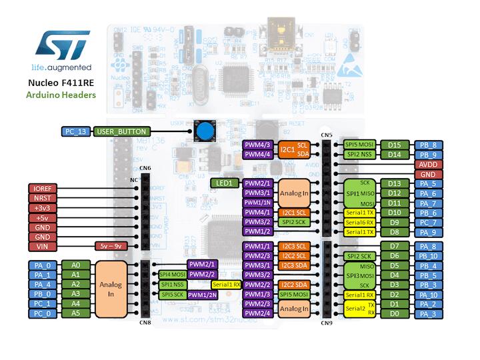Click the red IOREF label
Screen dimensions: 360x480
coord(43,189)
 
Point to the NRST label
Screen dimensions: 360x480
coord(43,198)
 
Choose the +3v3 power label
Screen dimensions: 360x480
coord(43,208)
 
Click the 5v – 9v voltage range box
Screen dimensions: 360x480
coord(111,246)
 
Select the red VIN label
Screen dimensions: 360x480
coord(43,246)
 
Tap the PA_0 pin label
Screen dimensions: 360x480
coord(43,265)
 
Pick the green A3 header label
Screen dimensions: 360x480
coord(75,293)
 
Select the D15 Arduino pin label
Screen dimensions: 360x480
coord(395,145)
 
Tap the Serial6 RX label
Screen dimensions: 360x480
coord(361,222)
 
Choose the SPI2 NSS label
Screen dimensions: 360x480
coord(361,155)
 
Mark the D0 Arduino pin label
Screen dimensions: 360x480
coord(395,313)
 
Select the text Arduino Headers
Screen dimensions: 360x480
coord(61,95)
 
